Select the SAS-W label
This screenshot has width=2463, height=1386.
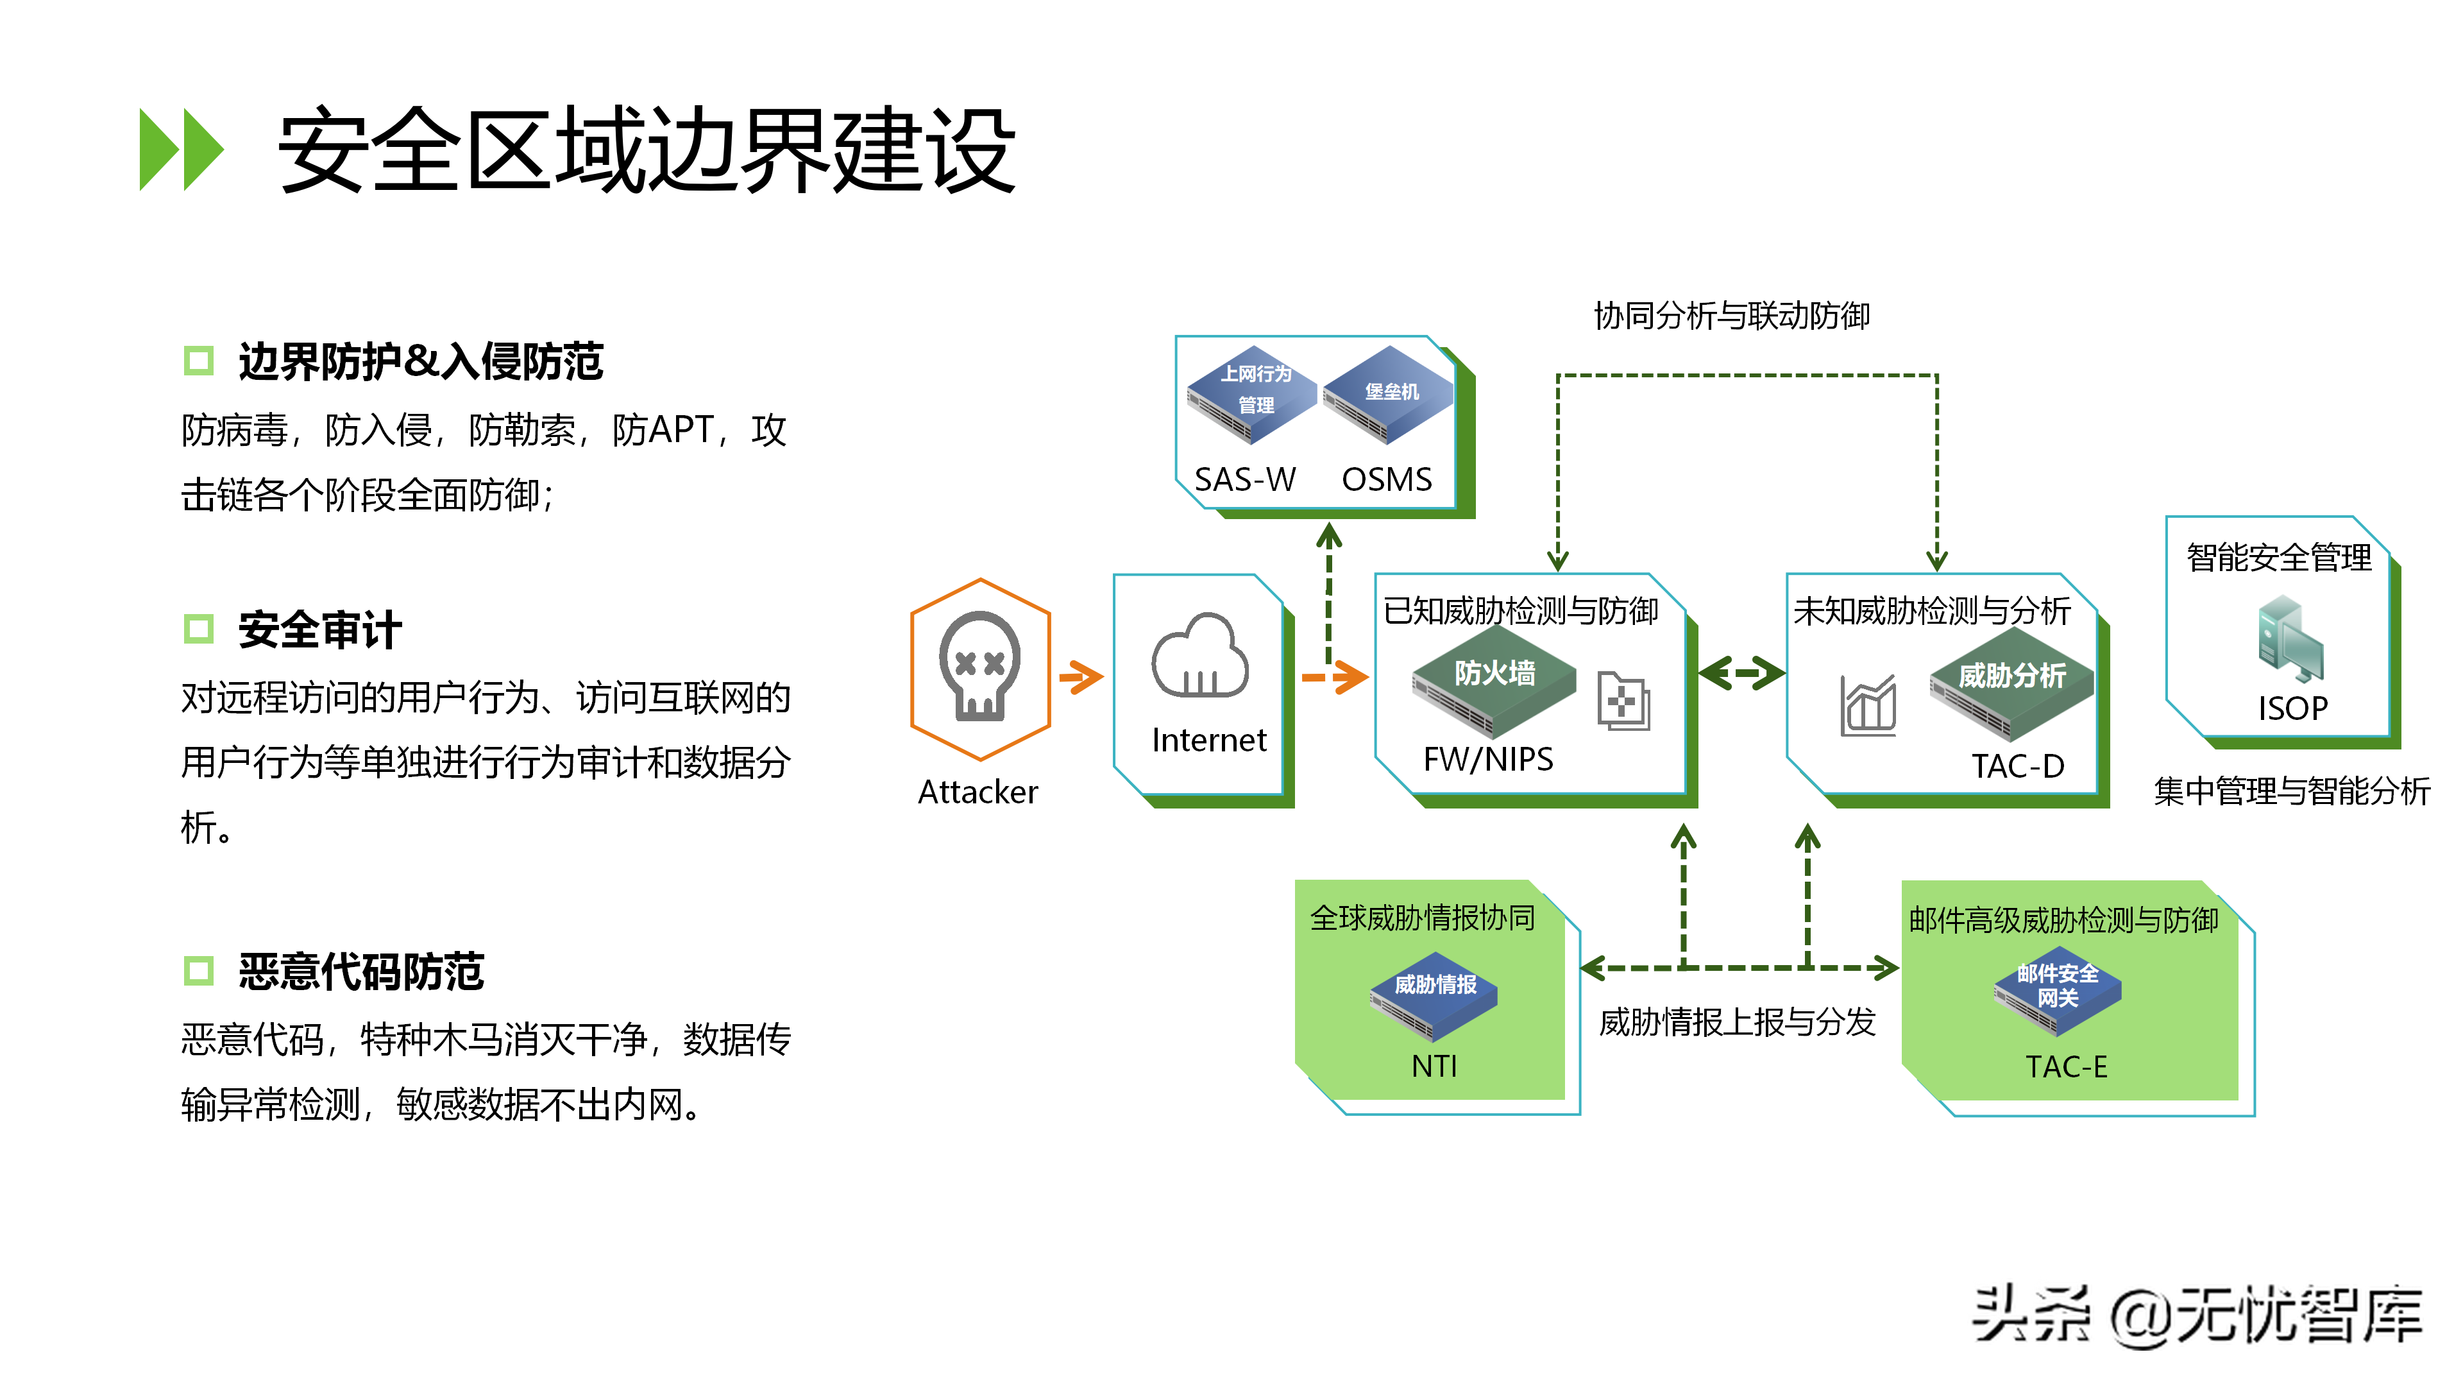pyautogui.click(x=1245, y=479)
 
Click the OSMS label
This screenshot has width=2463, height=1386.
pyautogui.click(x=1386, y=479)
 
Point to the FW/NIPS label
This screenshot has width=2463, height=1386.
pyautogui.click(x=1488, y=760)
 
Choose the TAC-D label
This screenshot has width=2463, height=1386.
pyautogui.click(x=2017, y=766)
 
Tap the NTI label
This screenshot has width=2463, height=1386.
pyautogui.click(x=1434, y=1066)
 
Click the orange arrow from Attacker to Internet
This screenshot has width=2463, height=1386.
pyautogui.click(x=1081, y=677)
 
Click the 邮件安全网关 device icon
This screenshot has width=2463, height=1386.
pyautogui.click(x=2058, y=991)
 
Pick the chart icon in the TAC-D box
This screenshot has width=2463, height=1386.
pyautogui.click(x=1867, y=706)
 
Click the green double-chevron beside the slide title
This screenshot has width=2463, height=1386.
pyautogui.click(x=182, y=150)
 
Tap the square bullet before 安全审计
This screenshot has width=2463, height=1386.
pyautogui.click(x=199, y=629)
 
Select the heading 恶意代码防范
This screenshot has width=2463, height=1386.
pyautogui.click(x=361, y=972)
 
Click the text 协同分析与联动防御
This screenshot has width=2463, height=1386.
pyautogui.click(x=1732, y=316)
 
